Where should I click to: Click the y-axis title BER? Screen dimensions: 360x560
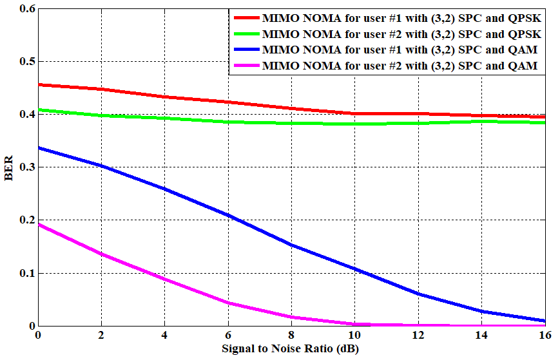click(9, 167)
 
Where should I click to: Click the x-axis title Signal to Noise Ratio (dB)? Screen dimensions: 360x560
click(291, 349)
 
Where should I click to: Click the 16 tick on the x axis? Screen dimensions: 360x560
click(545, 336)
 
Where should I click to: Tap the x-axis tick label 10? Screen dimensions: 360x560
click(354, 336)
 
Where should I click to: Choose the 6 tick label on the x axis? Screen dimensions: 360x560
click(228, 336)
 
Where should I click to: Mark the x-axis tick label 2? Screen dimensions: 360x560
click(101, 336)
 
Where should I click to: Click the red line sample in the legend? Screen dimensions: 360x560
click(246, 18)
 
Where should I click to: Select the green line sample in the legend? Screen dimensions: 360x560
click(246, 33)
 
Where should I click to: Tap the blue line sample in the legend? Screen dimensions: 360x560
click(246, 50)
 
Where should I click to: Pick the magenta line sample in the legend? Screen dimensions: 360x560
click(246, 66)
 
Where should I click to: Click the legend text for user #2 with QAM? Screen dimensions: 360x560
click(400, 66)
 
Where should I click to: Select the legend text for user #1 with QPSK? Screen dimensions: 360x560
click(401, 18)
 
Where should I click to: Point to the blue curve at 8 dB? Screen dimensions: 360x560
click(291, 245)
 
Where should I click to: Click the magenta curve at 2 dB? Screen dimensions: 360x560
click(101, 254)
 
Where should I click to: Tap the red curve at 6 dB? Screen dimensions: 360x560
click(228, 102)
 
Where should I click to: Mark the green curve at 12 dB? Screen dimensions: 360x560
click(418, 123)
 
